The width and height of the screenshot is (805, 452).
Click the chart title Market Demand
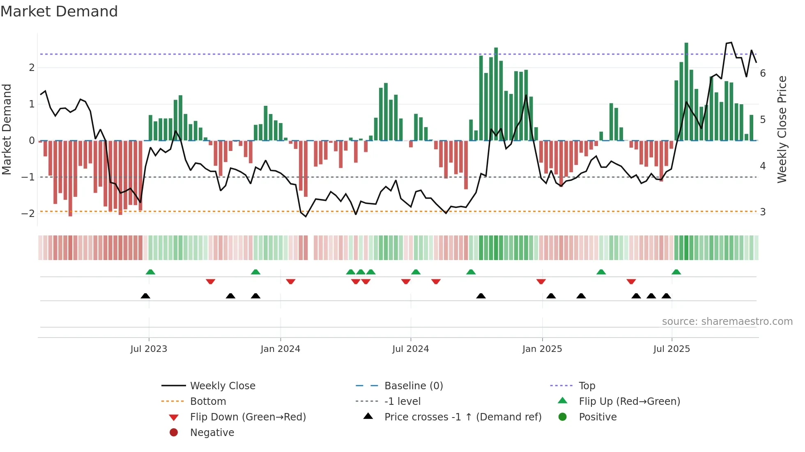click(59, 11)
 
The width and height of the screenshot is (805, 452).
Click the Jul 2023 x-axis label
click(149, 349)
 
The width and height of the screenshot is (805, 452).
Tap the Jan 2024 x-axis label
click(280, 349)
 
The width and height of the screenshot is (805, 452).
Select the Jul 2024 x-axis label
click(410, 349)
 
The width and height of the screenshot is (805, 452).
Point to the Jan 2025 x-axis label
click(542, 349)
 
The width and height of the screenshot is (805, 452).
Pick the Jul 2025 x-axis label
click(672, 349)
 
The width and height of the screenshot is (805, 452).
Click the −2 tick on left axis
click(28, 213)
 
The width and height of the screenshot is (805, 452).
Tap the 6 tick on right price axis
click(763, 73)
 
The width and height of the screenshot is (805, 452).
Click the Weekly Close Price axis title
click(782, 129)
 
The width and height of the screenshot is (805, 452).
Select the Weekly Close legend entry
click(222, 386)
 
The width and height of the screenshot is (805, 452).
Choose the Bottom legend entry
click(208, 402)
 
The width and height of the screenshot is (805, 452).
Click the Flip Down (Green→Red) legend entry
click(248, 417)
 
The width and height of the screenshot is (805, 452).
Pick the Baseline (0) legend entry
click(413, 386)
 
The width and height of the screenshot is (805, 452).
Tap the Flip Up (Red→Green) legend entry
click(629, 402)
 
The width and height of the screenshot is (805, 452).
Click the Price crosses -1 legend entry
click(462, 417)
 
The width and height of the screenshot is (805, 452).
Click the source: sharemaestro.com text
click(727, 322)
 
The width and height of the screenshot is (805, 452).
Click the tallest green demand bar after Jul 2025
click(686, 91)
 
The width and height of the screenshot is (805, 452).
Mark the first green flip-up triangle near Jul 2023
click(150, 272)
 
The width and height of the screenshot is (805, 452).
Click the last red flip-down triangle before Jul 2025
click(631, 281)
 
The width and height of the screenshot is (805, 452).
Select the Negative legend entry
click(212, 433)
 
